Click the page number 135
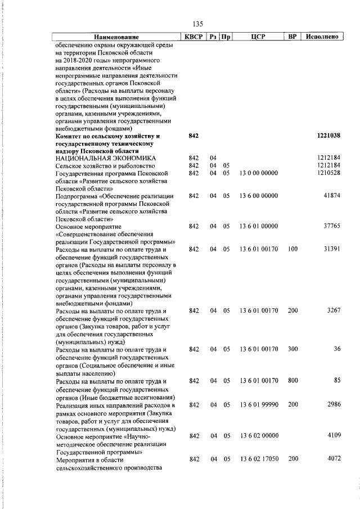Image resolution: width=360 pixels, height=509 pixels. click(x=197, y=24)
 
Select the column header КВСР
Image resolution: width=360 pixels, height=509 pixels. click(x=194, y=37)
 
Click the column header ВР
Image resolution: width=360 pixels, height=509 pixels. click(x=292, y=37)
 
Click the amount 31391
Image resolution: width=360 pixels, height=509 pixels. click(x=332, y=249)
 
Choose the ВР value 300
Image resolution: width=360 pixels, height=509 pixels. click(x=292, y=349)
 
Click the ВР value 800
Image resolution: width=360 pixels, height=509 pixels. click(x=292, y=381)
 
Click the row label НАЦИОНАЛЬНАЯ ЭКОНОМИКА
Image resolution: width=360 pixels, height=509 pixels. click(x=106, y=158)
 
